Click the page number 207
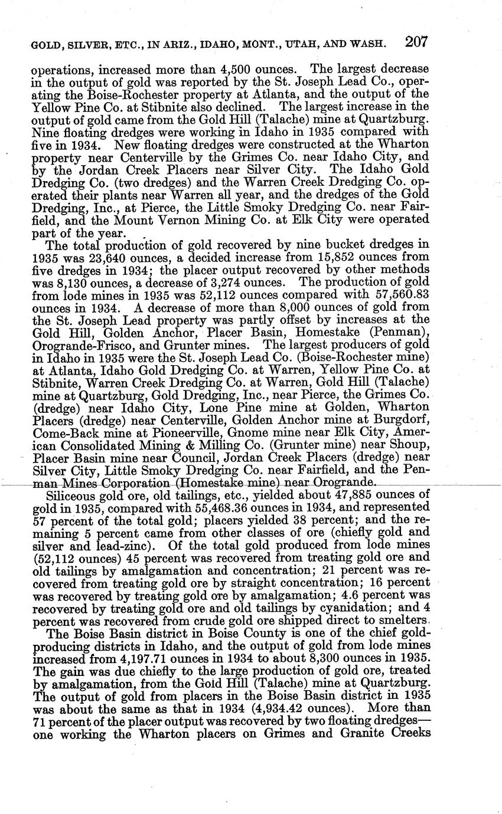pos(416,42)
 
